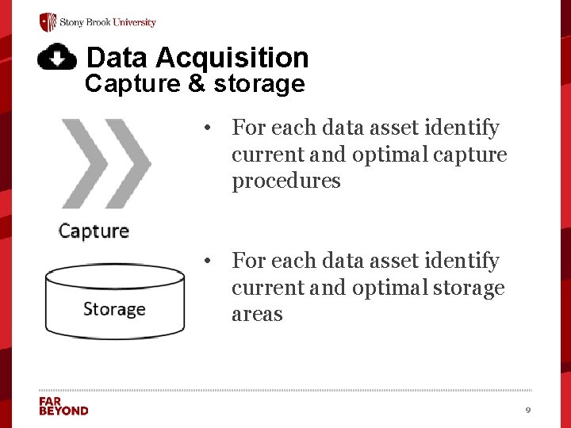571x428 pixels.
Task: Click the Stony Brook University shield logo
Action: [x=48, y=22]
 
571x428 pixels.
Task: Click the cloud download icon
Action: [x=57, y=56]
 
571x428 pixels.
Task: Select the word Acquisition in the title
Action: [x=232, y=58]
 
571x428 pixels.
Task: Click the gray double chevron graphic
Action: [x=105, y=163]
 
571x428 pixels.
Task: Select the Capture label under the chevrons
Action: [x=94, y=231]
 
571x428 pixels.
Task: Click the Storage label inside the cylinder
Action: [x=114, y=308]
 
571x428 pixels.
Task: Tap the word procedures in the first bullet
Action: [x=285, y=181]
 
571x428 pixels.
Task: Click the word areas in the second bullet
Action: [x=257, y=314]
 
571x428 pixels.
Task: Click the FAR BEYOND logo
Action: [x=63, y=406]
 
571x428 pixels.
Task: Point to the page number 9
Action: [x=527, y=410]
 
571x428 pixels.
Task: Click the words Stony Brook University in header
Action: [x=108, y=22]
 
